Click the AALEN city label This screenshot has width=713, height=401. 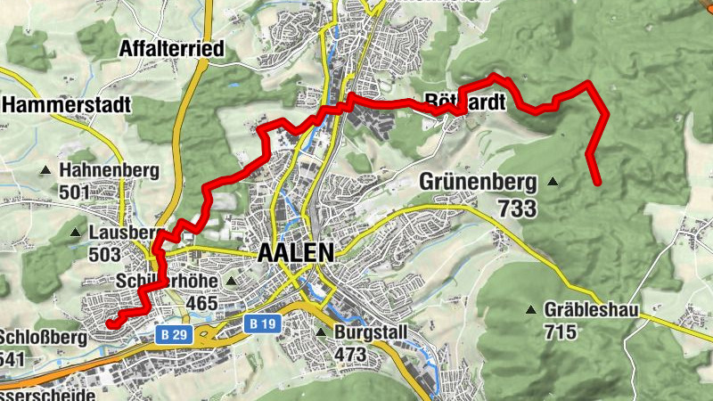coord(295,253)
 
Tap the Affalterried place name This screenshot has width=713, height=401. coord(170,48)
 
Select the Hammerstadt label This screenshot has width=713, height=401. coord(67,105)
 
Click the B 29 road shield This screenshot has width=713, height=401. coord(175,334)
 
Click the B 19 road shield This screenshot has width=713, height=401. coord(261,324)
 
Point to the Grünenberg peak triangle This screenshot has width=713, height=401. coord(553,182)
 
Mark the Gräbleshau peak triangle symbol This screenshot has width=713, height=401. coord(532,310)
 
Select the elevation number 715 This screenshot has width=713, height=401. coord(563,332)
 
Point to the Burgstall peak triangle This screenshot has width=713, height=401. coord(321,332)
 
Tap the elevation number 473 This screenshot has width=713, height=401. coord(351,355)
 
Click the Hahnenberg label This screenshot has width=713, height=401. coord(109,169)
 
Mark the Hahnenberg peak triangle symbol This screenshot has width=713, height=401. coord(45,169)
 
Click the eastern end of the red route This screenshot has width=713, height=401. coord(596,183)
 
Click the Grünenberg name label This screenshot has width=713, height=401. coord(478,184)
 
